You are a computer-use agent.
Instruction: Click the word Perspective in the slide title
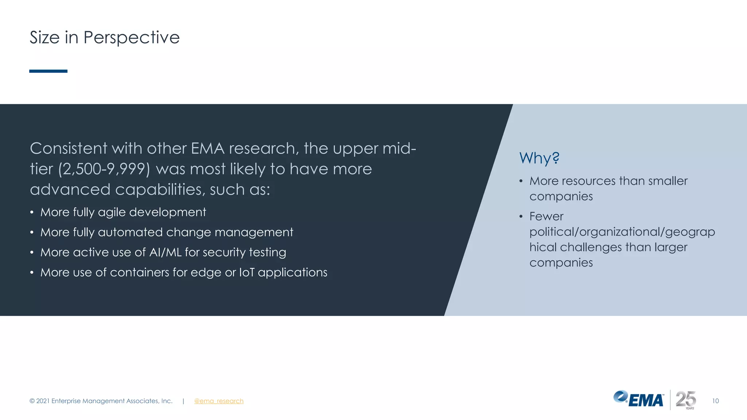click(x=131, y=38)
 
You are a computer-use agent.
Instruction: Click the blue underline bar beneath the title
click(x=48, y=71)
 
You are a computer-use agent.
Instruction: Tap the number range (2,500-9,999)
click(x=104, y=169)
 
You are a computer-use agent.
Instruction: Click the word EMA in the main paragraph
click(x=208, y=149)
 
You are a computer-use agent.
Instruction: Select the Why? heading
click(x=539, y=158)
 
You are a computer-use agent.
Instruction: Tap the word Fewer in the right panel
click(x=546, y=216)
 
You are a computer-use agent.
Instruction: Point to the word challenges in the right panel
click(x=591, y=247)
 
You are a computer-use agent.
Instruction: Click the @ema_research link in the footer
click(x=218, y=401)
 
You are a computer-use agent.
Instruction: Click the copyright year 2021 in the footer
click(x=43, y=401)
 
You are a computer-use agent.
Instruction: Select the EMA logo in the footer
click(x=639, y=400)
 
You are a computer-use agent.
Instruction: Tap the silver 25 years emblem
click(x=686, y=400)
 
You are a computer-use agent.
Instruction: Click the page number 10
click(x=715, y=401)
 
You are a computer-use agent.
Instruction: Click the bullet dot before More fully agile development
click(x=32, y=213)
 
